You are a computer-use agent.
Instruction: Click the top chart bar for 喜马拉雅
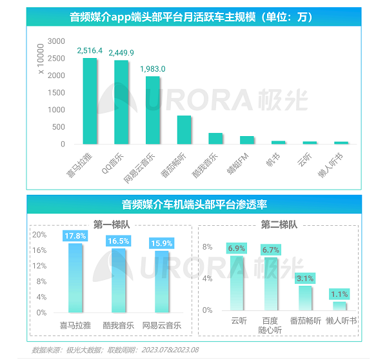click(x=90, y=101)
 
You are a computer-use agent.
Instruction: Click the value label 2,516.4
click(x=90, y=50)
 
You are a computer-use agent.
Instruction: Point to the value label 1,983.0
click(x=153, y=68)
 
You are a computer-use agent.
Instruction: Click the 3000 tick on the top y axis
click(x=57, y=41)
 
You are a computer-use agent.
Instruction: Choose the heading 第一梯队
click(x=111, y=225)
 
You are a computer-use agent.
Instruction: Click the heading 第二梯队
click(x=279, y=225)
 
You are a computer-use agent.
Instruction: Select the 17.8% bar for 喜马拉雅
click(x=75, y=277)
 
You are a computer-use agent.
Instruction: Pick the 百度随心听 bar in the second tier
click(x=271, y=284)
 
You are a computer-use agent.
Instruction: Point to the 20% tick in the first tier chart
click(x=40, y=234)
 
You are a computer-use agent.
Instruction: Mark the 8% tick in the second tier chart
click(x=208, y=247)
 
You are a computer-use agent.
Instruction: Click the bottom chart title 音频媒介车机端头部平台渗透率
click(x=194, y=205)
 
